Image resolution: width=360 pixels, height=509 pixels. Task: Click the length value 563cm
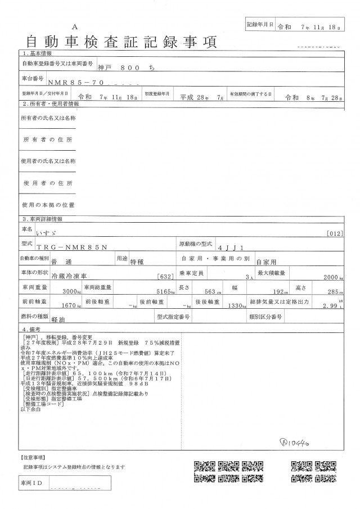(x=211, y=292)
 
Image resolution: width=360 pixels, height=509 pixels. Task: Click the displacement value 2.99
(x=330, y=307)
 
